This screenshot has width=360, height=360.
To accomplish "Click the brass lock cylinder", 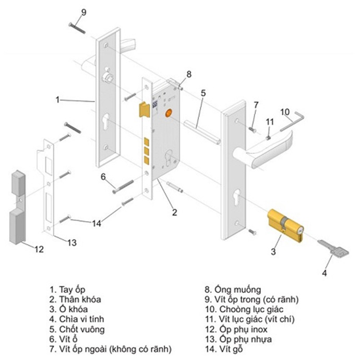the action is tap(285, 225).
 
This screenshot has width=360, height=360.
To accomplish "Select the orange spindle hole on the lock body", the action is tap(169, 113).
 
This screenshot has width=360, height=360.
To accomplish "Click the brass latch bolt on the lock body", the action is tap(144, 109).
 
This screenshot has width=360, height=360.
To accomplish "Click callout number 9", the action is tap(84, 12).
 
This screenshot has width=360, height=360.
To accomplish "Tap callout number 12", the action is tap(39, 249).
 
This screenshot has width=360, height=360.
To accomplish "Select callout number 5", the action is tap(203, 93).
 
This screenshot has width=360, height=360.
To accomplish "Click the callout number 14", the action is tap(97, 223).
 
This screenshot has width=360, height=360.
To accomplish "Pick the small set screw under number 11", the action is tap(268, 138).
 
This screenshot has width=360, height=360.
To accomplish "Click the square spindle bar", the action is tap(202, 132).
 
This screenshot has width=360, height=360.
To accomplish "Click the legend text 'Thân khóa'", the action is tap(80, 299).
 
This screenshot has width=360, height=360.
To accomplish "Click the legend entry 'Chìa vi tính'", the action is tap(81, 319).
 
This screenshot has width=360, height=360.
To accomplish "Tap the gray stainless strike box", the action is tap(17, 207).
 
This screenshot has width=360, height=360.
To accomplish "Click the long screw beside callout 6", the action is tap(123, 186).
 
